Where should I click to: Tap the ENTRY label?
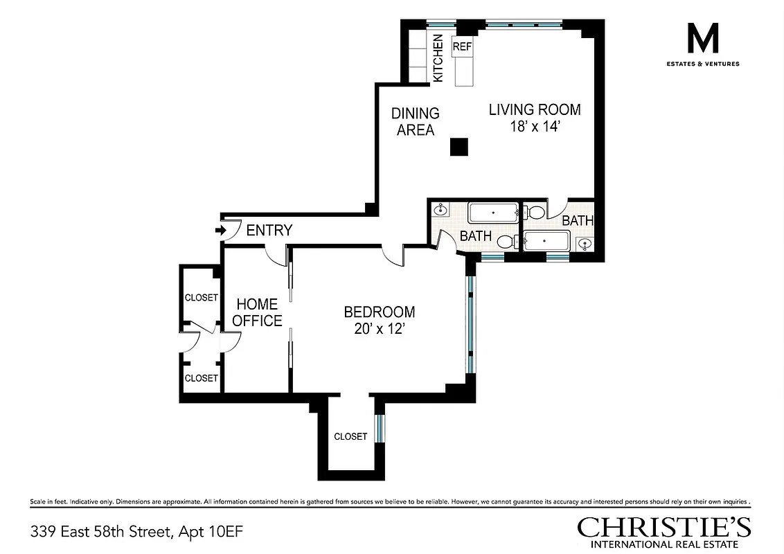pos(269,231)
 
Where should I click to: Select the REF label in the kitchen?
pos(462,46)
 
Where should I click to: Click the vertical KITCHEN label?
pos(438,58)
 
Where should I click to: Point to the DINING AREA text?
pos(416,121)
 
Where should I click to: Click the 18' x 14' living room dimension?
pos(535,127)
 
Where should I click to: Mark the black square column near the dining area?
pos(458,147)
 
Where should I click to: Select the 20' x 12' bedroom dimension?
pos(379,330)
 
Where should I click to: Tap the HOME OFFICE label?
pos(257,312)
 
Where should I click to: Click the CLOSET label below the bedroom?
pos(350,436)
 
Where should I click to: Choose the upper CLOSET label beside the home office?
pos(201,298)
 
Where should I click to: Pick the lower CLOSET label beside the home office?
pos(201,378)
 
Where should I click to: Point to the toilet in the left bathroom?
pos(506,242)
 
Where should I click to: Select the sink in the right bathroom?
pos(585,243)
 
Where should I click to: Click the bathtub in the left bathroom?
pos(493,212)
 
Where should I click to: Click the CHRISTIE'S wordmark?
pos(663,528)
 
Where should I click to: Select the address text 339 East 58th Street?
pos(103,532)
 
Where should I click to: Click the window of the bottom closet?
pos(378,428)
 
